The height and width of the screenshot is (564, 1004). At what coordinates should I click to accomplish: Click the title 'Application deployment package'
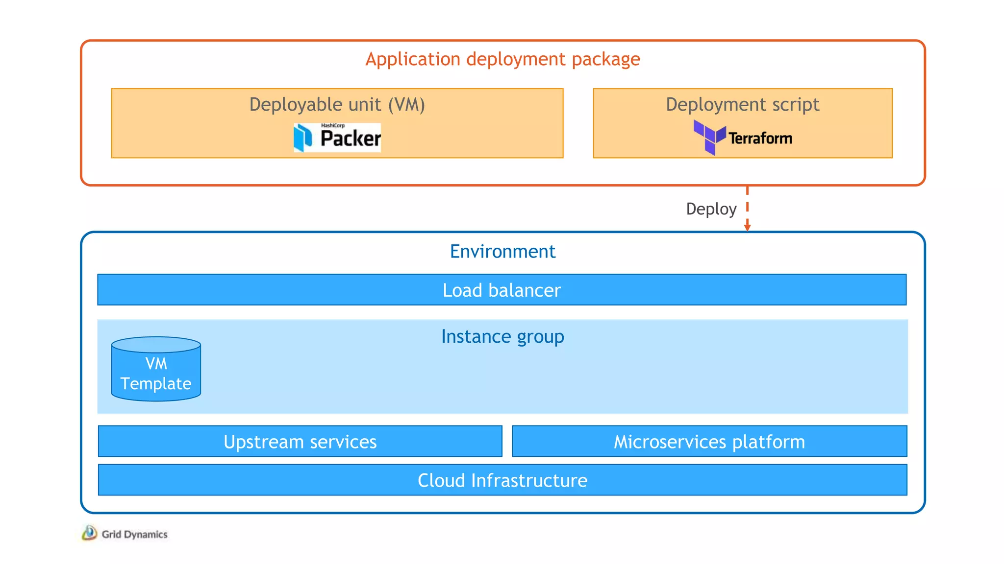tap(502, 59)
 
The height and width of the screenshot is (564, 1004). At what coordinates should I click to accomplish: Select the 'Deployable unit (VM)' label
tap(337, 104)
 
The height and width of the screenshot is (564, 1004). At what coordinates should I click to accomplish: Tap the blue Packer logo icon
tap(303, 138)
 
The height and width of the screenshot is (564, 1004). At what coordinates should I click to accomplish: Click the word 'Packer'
tap(350, 139)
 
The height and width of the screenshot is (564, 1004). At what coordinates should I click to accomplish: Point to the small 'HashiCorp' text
tap(333, 126)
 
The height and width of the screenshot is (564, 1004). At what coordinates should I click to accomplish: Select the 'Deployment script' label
tap(742, 104)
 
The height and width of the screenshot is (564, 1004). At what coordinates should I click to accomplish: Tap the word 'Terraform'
tap(760, 139)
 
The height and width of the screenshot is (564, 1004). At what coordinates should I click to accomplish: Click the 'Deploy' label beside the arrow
tap(711, 209)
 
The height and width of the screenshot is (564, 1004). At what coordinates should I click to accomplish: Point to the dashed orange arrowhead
tap(747, 227)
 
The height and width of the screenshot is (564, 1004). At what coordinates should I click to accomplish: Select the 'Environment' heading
tap(502, 252)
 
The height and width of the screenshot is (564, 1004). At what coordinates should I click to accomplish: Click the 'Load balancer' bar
tap(502, 290)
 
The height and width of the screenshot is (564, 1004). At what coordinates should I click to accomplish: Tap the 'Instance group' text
tap(502, 336)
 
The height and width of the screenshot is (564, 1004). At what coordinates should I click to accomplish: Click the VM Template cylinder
tap(156, 370)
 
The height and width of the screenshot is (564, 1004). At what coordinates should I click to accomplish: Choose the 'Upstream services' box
tap(300, 442)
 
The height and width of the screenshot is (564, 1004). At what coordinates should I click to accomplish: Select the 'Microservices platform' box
tap(709, 442)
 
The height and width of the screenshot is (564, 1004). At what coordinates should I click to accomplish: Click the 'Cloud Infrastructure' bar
tap(502, 480)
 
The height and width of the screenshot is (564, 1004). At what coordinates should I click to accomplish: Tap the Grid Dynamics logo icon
tap(89, 533)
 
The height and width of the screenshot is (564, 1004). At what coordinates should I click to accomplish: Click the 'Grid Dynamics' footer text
tap(134, 534)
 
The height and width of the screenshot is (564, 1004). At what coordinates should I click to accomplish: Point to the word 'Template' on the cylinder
tap(156, 383)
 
